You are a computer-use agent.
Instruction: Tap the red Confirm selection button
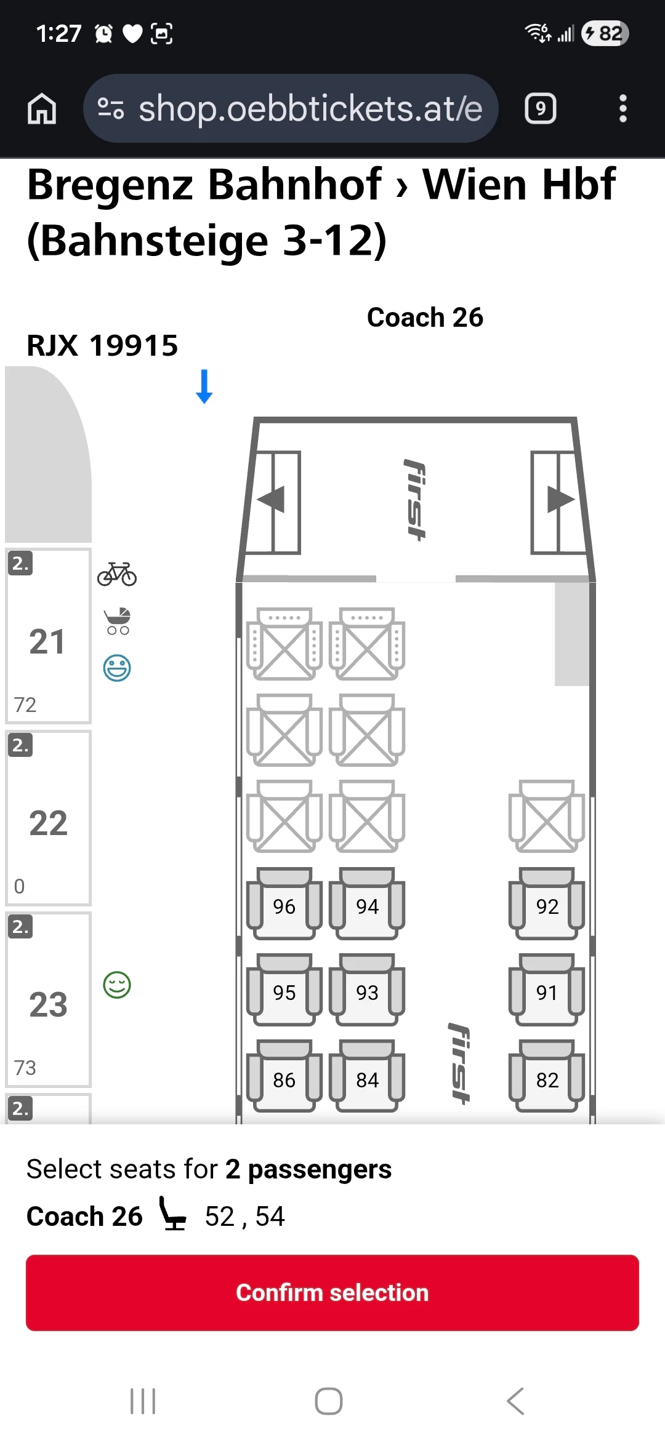point(332,1292)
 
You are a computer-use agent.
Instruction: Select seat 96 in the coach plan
point(284,906)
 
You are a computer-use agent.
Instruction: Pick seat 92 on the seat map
point(547,906)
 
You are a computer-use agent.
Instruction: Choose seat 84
point(367,1079)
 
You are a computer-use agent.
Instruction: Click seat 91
point(547,992)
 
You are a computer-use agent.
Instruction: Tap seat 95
point(284,992)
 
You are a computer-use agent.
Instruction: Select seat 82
point(547,1079)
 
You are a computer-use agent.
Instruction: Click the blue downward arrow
point(204,386)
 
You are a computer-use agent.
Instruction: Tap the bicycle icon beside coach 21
point(117,574)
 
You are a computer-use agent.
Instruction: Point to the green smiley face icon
point(117,985)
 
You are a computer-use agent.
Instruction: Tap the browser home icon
point(42,109)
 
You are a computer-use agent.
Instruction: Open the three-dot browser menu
point(623,109)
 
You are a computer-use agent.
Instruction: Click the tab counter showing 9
point(540,109)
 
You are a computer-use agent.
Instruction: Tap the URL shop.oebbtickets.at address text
point(310,109)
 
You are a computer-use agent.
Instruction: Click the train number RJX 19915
point(102,345)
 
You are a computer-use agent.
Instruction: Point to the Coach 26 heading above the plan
point(425,318)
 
